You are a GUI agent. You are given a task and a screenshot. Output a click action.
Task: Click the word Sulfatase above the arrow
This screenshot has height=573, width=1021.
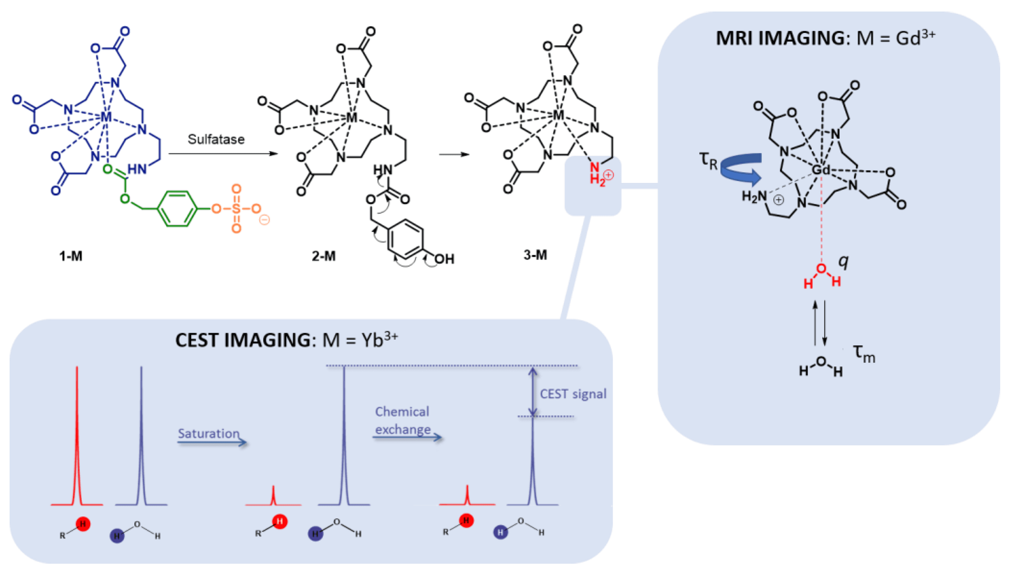216,140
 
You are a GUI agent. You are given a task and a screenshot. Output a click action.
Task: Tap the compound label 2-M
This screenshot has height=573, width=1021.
323,256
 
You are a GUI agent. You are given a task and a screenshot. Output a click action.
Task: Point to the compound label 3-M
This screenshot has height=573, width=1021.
535,255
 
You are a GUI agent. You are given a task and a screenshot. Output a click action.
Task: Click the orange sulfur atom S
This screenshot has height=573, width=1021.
236,209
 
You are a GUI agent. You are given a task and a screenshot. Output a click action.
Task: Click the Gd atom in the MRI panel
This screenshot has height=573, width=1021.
820,170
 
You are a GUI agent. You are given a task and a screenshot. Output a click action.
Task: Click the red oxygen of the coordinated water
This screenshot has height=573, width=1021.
822,269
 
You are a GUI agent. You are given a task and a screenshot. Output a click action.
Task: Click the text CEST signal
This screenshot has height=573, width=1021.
573,394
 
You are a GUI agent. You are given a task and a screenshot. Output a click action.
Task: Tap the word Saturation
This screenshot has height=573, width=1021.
208,433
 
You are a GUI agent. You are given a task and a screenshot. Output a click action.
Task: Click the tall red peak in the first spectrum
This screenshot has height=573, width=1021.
77,436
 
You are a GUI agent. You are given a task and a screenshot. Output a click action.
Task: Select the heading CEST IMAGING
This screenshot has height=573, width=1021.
243,340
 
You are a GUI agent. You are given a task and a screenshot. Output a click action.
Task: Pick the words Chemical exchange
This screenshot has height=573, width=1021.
402,420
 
